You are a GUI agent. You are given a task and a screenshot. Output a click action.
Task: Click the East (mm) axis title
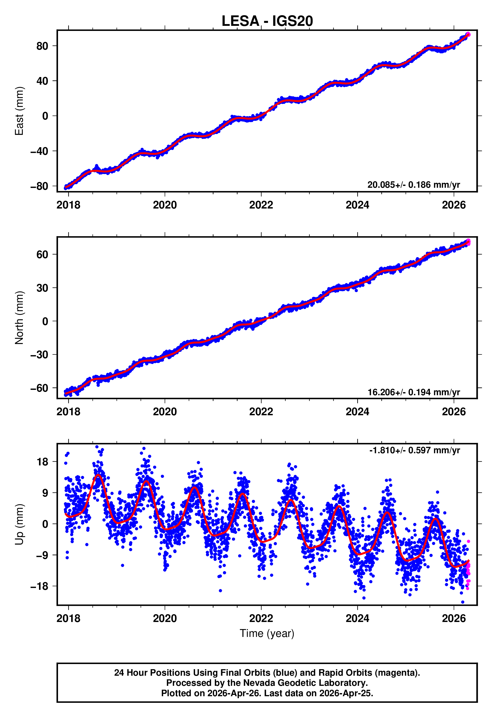[x=19, y=111]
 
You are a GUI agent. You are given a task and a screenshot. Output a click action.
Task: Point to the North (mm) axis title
[x=19, y=318]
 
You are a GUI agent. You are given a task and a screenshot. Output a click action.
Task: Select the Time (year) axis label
[x=267, y=634]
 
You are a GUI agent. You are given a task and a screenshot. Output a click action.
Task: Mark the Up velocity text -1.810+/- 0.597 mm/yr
[x=414, y=450]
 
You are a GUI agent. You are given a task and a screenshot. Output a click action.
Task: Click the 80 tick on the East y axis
[x=42, y=46]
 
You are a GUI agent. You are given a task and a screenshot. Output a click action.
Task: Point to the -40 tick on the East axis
[x=39, y=151]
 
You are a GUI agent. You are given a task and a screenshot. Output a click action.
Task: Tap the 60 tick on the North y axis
[x=42, y=254]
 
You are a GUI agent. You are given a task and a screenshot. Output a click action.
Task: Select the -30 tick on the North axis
[x=39, y=355]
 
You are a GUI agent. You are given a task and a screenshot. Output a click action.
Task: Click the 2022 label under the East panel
[x=261, y=205]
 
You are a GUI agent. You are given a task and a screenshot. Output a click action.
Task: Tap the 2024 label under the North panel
[x=357, y=412]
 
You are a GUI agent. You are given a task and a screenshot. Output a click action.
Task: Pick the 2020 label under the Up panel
[x=165, y=618]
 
